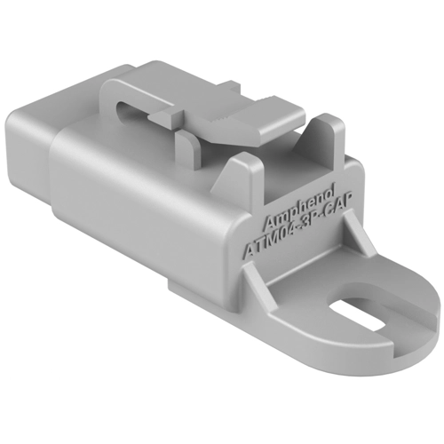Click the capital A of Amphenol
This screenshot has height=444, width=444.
tap(269, 220)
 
